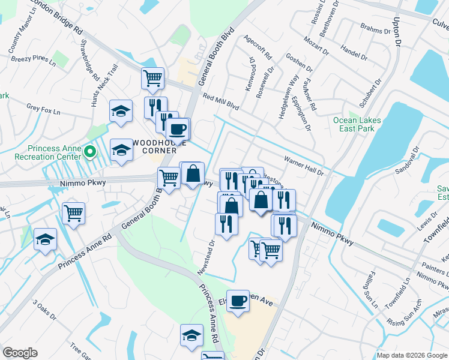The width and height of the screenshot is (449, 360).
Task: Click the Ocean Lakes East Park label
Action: pos(357,124)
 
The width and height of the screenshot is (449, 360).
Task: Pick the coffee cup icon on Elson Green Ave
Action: pos(238,299)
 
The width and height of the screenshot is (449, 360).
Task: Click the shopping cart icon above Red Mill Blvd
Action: pos(153,77)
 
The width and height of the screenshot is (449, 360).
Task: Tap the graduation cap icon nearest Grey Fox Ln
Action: pos(121,111)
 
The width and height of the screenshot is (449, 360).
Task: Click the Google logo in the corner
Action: pos(20,353)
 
